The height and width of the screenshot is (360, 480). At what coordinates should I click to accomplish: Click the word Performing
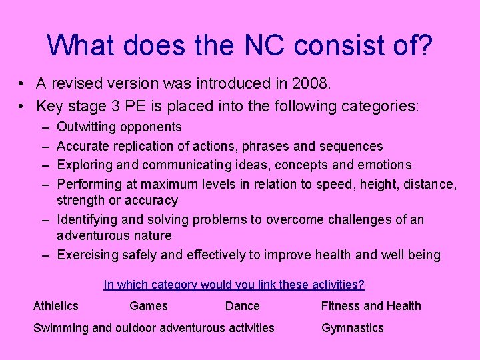[89, 184]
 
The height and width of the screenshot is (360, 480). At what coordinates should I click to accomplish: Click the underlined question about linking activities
[234, 285]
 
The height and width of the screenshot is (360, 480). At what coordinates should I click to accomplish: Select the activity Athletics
[56, 306]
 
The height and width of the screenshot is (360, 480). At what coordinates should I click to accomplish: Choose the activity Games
[149, 306]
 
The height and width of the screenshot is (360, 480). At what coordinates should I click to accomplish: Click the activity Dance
[243, 306]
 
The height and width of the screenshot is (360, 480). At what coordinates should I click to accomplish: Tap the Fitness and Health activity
[371, 306]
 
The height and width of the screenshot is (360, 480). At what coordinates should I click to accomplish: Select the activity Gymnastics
[353, 327]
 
